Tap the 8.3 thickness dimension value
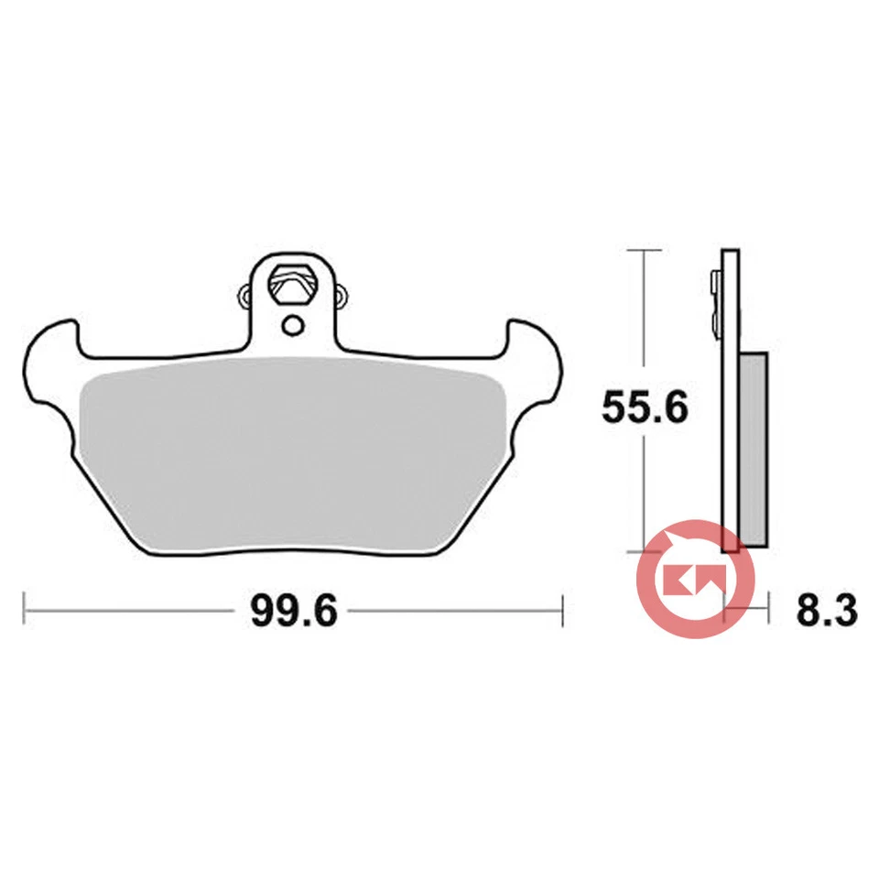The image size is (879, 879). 826,609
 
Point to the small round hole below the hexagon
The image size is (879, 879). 292,324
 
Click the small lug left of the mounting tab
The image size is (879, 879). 244,295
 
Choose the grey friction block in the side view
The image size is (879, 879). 753,449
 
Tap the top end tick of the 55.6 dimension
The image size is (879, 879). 645,249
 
